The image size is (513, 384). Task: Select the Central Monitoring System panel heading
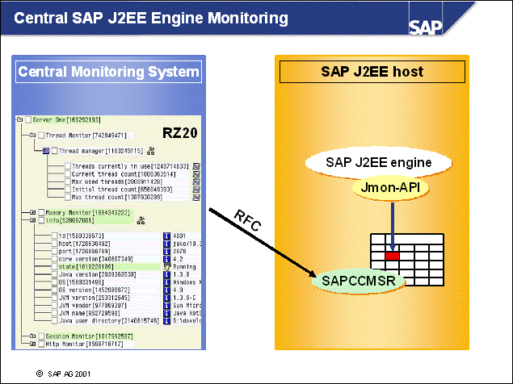[108, 72]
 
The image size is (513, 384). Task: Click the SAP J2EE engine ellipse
[377, 162]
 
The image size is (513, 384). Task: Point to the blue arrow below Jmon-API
[392, 221]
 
